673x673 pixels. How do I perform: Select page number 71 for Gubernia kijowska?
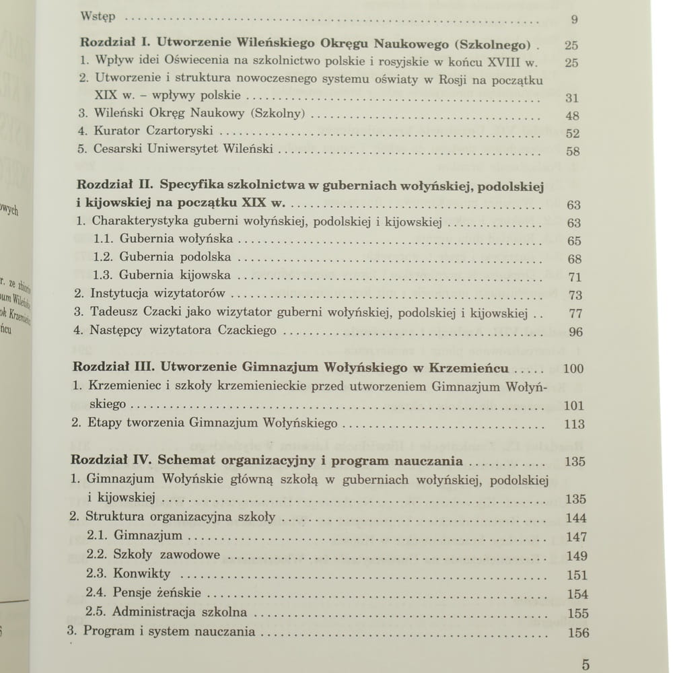(574, 277)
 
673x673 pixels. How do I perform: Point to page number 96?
(575, 332)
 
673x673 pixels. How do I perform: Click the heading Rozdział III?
(118, 368)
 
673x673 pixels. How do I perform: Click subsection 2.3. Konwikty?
(129, 574)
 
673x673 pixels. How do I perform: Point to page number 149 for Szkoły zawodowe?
(577, 556)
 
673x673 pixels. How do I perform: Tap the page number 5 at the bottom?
(586, 665)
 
